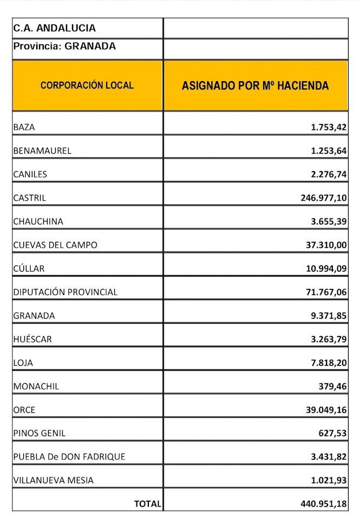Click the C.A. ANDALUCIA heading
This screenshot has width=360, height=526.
[x=54, y=28]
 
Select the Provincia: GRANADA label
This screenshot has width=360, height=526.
[x=64, y=47]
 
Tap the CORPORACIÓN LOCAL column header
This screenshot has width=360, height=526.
[x=87, y=86]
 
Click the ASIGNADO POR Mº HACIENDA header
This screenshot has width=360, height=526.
[x=255, y=86]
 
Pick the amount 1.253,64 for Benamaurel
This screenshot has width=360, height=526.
[x=329, y=151]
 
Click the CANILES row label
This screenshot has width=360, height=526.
[x=30, y=174]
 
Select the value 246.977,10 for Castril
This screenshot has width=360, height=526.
[x=323, y=198]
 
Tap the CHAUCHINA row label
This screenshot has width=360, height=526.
[x=38, y=221]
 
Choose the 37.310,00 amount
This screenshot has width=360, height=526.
[x=326, y=245]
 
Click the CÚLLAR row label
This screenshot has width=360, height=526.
[x=29, y=268]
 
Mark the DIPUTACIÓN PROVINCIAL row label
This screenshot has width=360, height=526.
[x=65, y=292]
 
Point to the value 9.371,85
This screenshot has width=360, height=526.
[x=329, y=315]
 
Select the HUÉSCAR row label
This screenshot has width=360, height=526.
[x=34, y=339]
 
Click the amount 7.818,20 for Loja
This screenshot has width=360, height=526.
[x=329, y=363]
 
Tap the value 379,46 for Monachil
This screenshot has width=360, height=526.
[x=333, y=386]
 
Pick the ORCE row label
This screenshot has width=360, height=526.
[x=24, y=410]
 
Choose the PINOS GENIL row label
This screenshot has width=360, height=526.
[x=39, y=433]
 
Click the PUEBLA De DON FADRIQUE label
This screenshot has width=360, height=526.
[x=69, y=457]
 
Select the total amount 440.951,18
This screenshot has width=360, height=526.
[x=323, y=504]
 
